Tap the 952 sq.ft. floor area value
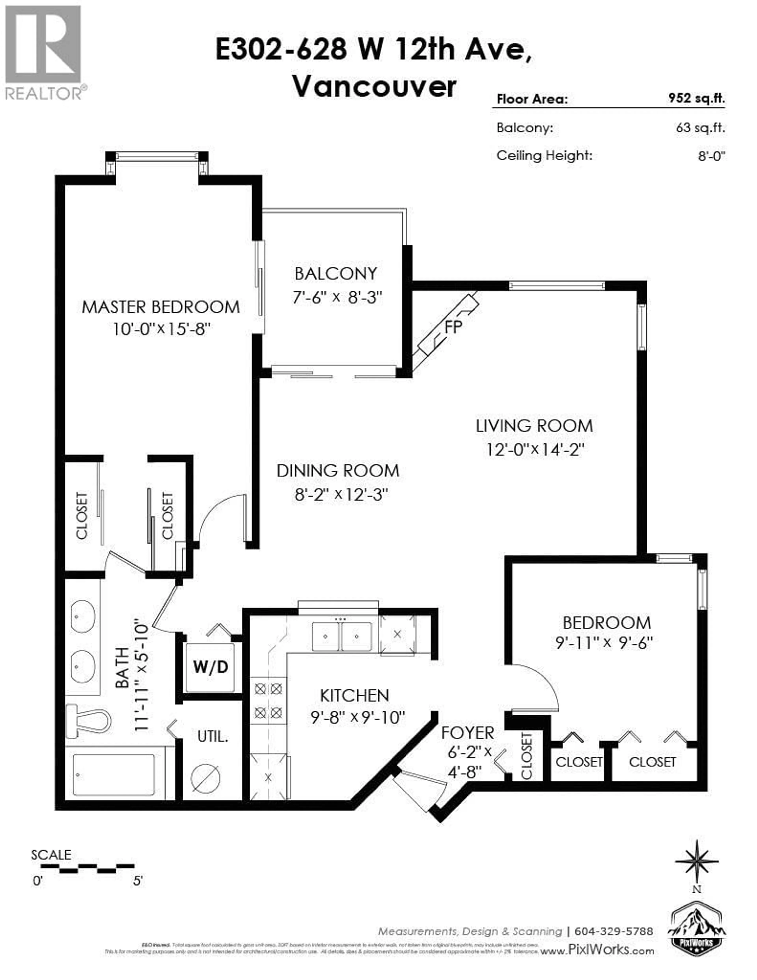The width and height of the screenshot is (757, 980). coord(696,98)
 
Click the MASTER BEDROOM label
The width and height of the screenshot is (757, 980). coord(161,307)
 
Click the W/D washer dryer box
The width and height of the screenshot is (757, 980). coord(211,667)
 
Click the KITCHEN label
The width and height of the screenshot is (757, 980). coord(354,696)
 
